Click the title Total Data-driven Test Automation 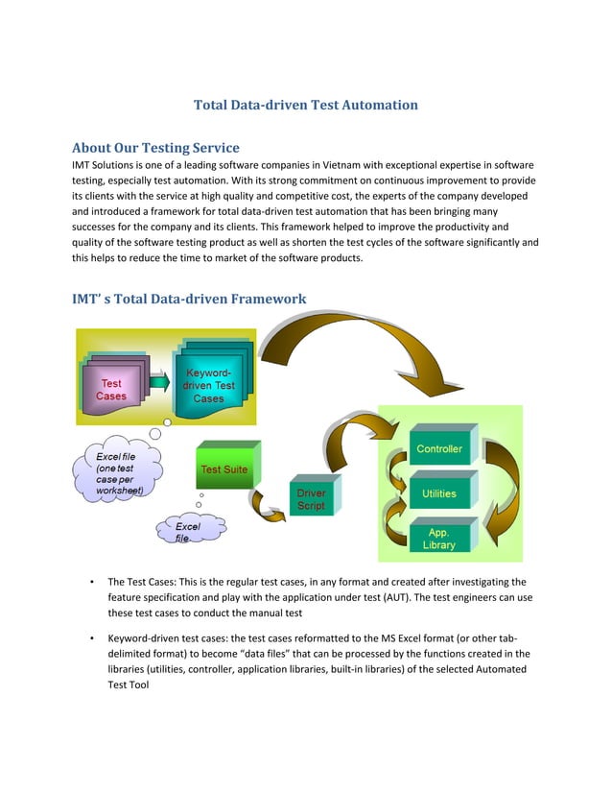[x=306, y=104]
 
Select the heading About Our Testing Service [x=155, y=148]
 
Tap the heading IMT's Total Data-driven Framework [x=189, y=299]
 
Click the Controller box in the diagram [x=438, y=449]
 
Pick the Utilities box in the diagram [x=438, y=493]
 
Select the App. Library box [x=438, y=538]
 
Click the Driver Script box [x=311, y=499]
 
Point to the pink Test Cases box [x=111, y=389]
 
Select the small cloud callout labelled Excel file [x=186, y=532]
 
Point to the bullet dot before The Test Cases [x=89, y=582]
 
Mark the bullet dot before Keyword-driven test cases [x=89, y=636]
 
